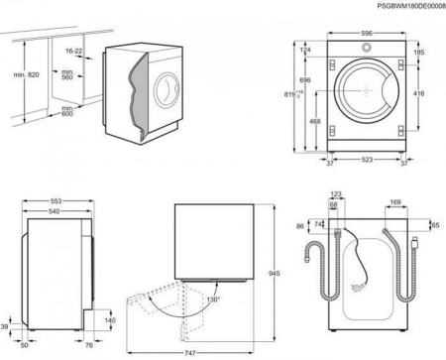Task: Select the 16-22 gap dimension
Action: point(73,49)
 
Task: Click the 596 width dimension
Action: point(367,33)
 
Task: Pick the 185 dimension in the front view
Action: point(419,52)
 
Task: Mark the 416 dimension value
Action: point(420,93)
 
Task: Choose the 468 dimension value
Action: point(315,121)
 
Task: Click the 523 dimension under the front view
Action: point(367,160)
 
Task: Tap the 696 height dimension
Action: point(306,79)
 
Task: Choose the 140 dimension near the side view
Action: point(110,321)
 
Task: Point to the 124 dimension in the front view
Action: point(306,50)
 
